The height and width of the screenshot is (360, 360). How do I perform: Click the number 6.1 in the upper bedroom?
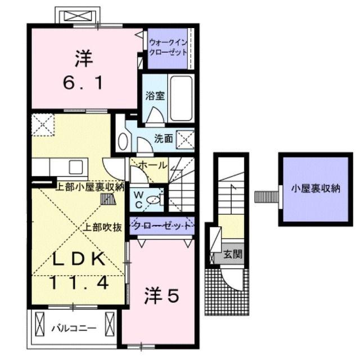pos(81,83)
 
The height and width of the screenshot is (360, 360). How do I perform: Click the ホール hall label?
pos(152,165)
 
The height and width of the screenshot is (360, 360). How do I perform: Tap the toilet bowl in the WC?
pos(157,198)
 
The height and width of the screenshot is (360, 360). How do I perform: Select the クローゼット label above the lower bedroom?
pos(162,226)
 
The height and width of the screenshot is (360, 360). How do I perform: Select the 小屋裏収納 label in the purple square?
pos(315,189)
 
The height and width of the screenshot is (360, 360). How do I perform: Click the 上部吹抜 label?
pos(103,228)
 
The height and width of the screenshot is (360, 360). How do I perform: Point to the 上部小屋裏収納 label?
pos(89,188)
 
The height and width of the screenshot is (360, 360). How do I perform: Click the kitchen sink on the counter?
pos(75,166)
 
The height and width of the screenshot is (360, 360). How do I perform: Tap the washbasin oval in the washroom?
pos(123,142)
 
